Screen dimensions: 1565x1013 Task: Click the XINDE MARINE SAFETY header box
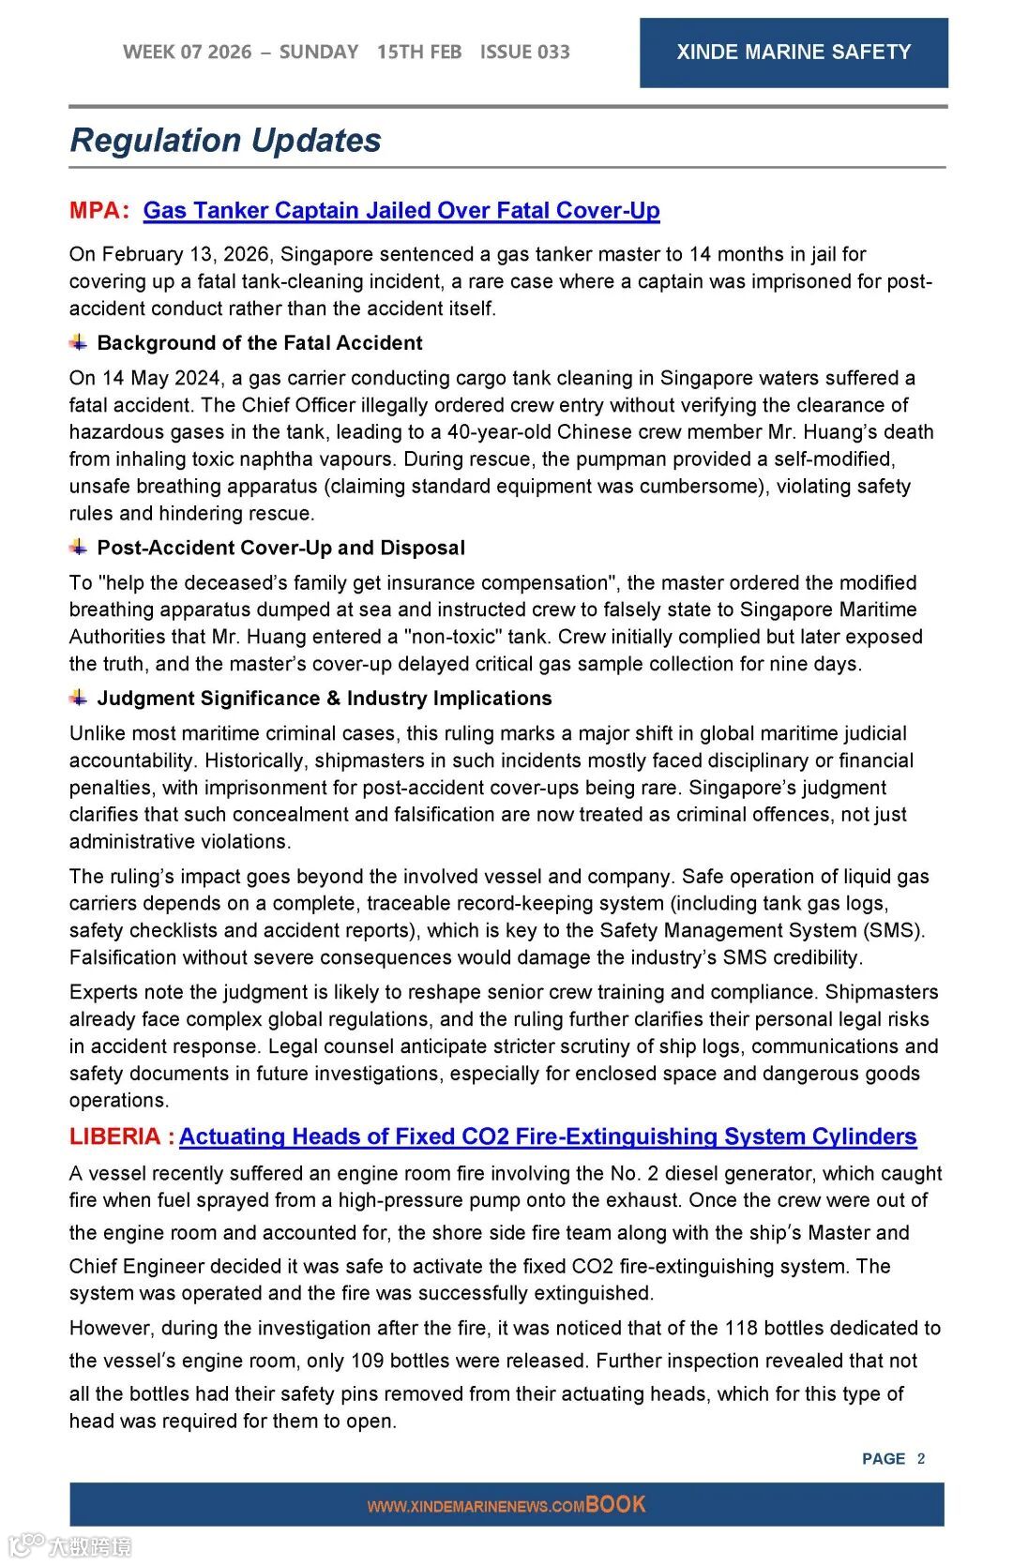click(794, 53)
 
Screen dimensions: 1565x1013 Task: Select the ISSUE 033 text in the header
click(524, 53)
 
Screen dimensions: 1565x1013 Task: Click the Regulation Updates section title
click(225, 141)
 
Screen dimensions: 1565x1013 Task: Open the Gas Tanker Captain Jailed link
click(401, 210)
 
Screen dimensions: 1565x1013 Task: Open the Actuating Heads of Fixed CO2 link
click(548, 1136)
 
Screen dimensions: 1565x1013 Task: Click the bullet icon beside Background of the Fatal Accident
click(79, 342)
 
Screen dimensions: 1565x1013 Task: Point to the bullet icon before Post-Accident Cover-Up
click(79, 547)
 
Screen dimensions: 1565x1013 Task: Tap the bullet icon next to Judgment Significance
click(79, 698)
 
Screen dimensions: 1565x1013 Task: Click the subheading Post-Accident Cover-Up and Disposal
click(281, 548)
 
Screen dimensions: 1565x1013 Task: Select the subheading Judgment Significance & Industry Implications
click(325, 699)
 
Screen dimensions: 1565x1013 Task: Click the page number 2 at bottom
click(921, 1458)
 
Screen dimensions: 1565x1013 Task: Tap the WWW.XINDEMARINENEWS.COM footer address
click(476, 1507)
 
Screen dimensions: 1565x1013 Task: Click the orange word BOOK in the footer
click(615, 1504)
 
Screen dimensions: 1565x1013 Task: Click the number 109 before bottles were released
click(368, 1361)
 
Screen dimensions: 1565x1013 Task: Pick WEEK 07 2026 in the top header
click(188, 53)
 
